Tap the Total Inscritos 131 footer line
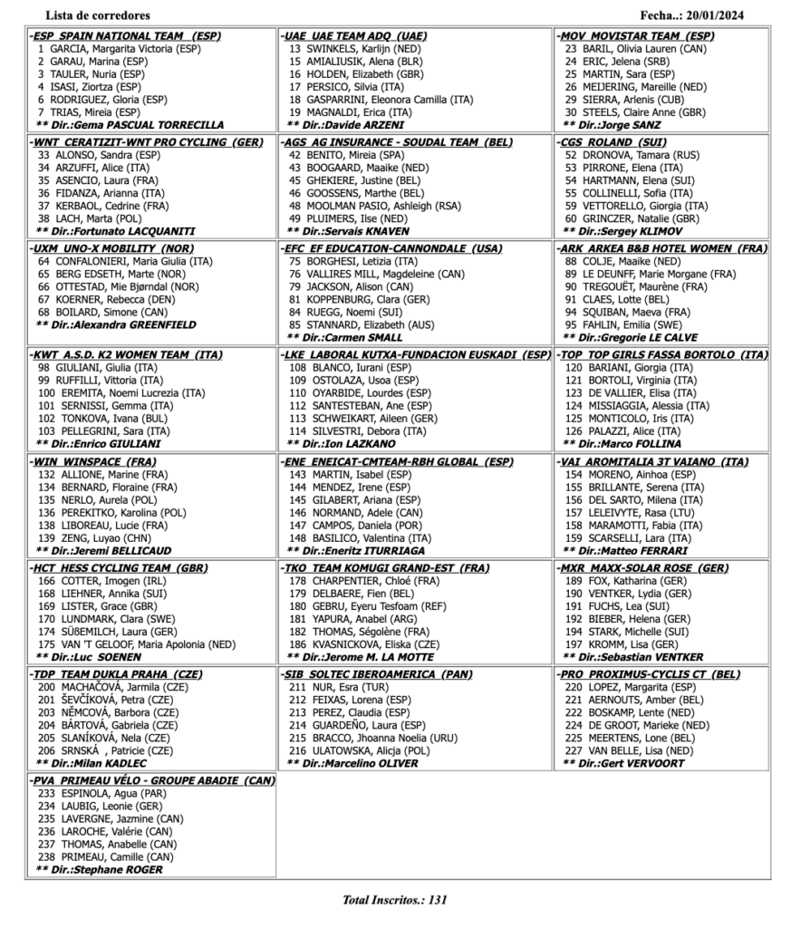coord(394,900)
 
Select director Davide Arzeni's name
coord(354,124)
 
